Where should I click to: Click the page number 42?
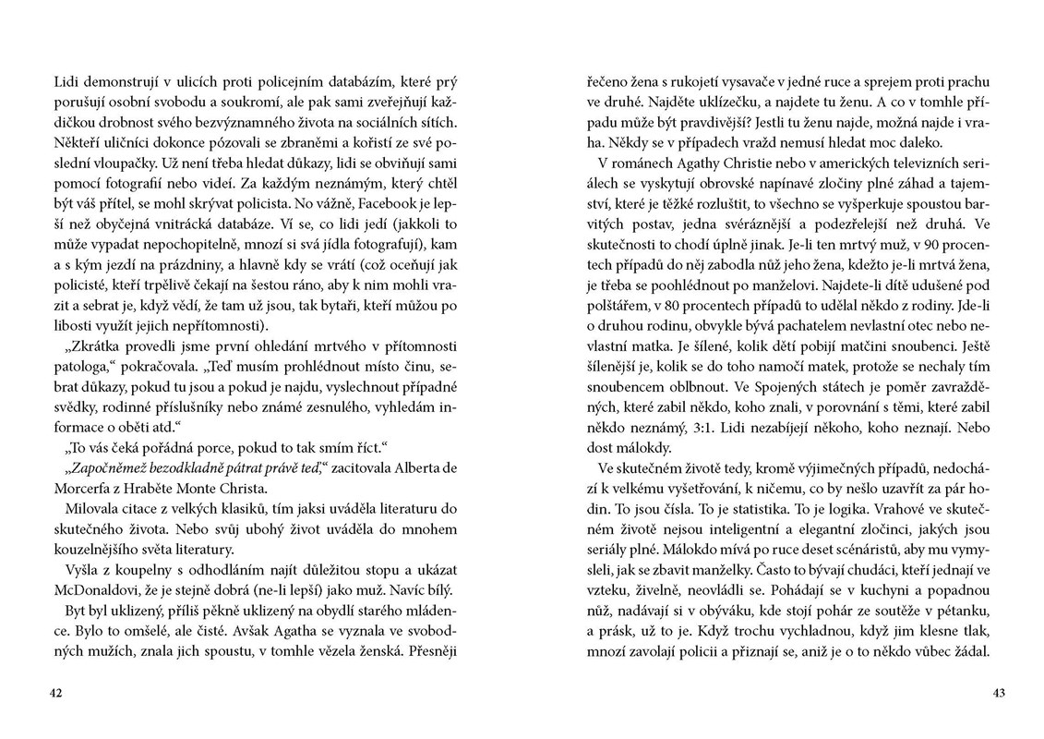[x=56, y=694]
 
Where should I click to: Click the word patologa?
[x=81, y=367]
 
